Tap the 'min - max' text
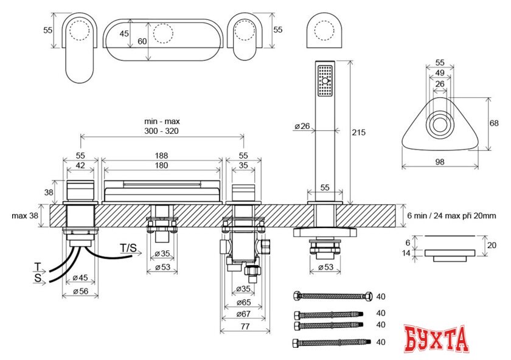(x=161, y=122)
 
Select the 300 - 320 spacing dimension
(x=161, y=131)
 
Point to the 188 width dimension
(x=162, y=156)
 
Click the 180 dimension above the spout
(x=162, y=165)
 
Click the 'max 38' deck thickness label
(x=26, y=215)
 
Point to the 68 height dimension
(x=495, y=123)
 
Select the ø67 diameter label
(x=243, y=315)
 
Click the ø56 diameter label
(x=80, y=291)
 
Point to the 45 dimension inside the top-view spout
(x=125, y=34)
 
